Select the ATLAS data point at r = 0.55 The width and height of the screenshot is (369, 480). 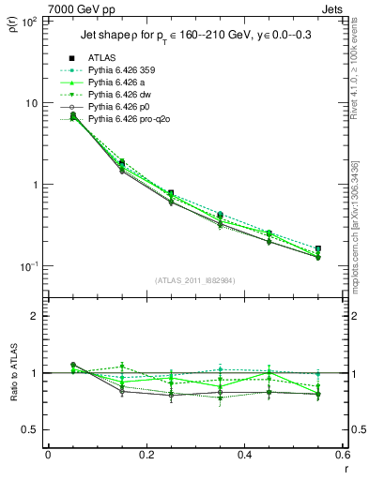317,249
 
